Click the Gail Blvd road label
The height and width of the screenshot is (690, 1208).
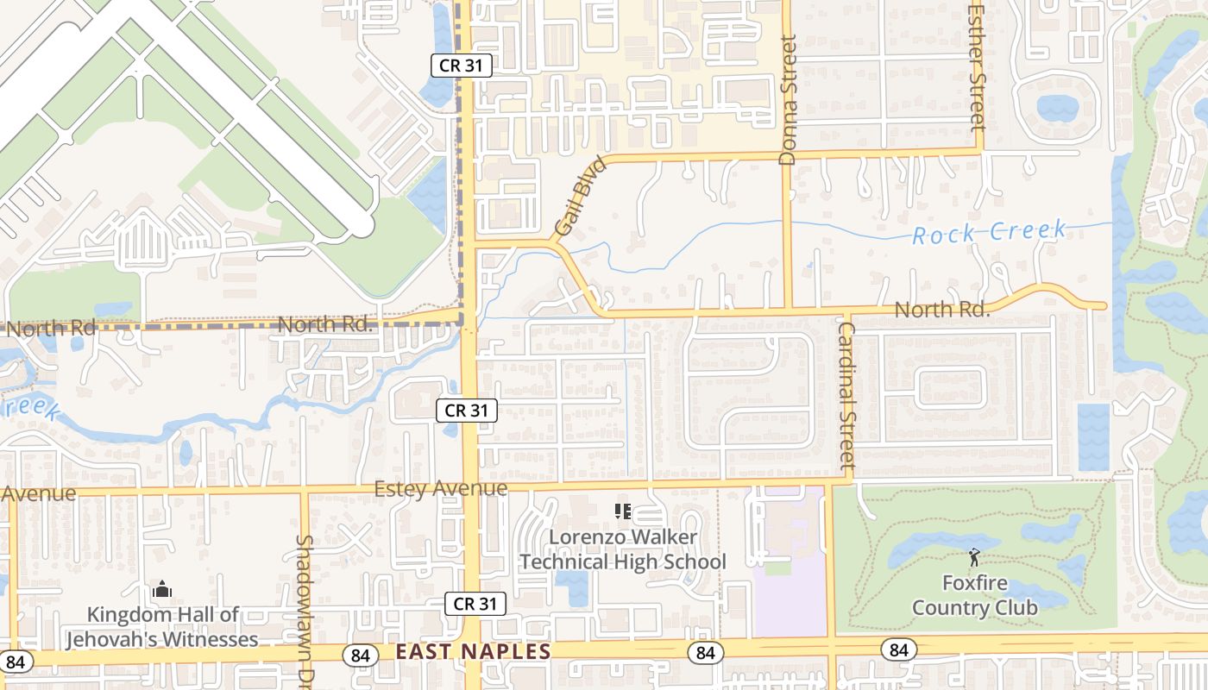(x=576, y=197)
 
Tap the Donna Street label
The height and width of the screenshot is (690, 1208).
(x=788, y=100)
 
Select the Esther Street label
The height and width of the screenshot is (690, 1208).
(x=977, y=67)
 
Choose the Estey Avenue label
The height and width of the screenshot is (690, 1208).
(x=440, y=489)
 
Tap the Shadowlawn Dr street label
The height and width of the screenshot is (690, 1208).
(x=304, y=608)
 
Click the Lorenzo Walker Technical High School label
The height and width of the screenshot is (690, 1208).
(x=622, y=549)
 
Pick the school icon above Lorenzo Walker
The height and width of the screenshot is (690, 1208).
(x=622, y=511)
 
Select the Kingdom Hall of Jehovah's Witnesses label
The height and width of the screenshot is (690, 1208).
(x=162, y=627)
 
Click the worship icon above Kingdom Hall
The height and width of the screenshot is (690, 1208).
(x=162, y=591)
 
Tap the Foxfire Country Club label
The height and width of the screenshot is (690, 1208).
(x=975, y=595)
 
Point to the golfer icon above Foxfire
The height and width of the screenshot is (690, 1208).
(x=974, y=557)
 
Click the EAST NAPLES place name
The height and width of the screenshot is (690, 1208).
(x=473, y=652)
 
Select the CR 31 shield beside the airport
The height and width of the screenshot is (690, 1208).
(x=462, y=66)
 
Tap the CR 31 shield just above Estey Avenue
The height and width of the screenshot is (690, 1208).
(x=467, y=411)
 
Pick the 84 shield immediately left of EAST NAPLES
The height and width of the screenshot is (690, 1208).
(x=360, y=655)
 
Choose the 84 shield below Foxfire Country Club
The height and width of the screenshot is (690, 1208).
(x=898, y=649)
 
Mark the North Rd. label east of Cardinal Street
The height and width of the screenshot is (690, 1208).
(x=941, y=309)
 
